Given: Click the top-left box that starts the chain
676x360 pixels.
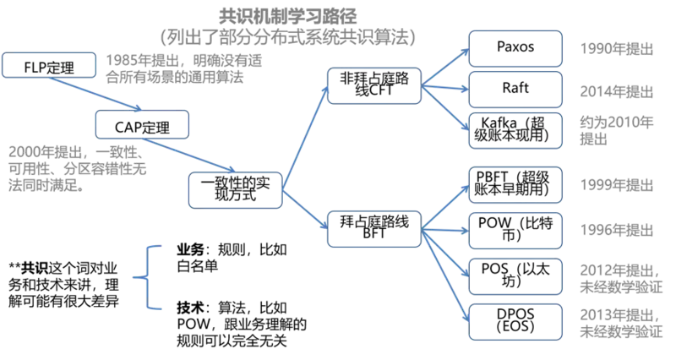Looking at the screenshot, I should tap(50, 65).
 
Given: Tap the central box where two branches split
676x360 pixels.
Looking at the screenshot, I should tap(234, 188).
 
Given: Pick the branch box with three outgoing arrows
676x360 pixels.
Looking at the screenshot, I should tap(374, 85).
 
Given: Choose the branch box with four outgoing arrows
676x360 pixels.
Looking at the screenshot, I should tap(374, 229).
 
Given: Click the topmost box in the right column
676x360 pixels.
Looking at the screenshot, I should tap(515, 48).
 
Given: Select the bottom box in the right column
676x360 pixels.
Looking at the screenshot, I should tap(515, 322).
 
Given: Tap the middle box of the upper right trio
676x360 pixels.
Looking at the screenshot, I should tap(515, 89).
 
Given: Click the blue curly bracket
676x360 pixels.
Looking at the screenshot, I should tap(148, 276).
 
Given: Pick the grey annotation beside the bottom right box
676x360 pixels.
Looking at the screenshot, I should tap(617, 323).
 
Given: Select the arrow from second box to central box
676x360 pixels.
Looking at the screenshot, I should tap(188, 155).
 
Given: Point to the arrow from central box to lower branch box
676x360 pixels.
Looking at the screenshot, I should tap(304, 210).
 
